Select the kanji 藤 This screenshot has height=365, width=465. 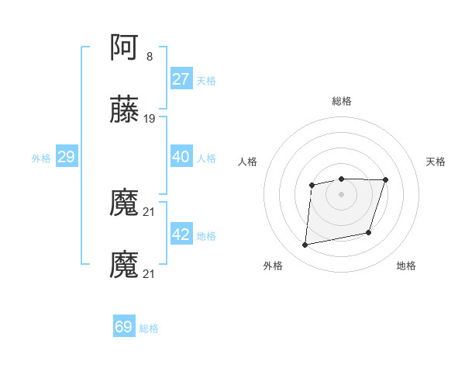125,109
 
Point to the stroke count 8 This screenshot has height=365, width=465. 149,57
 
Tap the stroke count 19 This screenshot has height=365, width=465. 150,119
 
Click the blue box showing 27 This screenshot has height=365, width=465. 181,78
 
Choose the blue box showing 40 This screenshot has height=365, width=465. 181,157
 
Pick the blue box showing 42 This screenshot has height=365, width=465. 181,235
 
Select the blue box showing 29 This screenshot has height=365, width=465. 66,157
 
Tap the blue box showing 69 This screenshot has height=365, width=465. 124,327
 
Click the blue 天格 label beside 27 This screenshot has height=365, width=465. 206,80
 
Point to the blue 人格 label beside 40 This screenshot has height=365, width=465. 206,158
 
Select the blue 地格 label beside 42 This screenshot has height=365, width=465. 206,236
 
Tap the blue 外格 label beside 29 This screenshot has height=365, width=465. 41,158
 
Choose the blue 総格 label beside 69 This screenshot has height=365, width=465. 149,328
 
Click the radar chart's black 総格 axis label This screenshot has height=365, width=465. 342,101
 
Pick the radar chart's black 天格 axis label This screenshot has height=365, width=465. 436,162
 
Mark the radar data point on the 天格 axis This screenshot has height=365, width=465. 386,179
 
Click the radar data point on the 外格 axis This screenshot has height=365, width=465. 305,245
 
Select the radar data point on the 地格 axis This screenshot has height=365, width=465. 369,232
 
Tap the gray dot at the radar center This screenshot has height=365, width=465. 341,193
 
